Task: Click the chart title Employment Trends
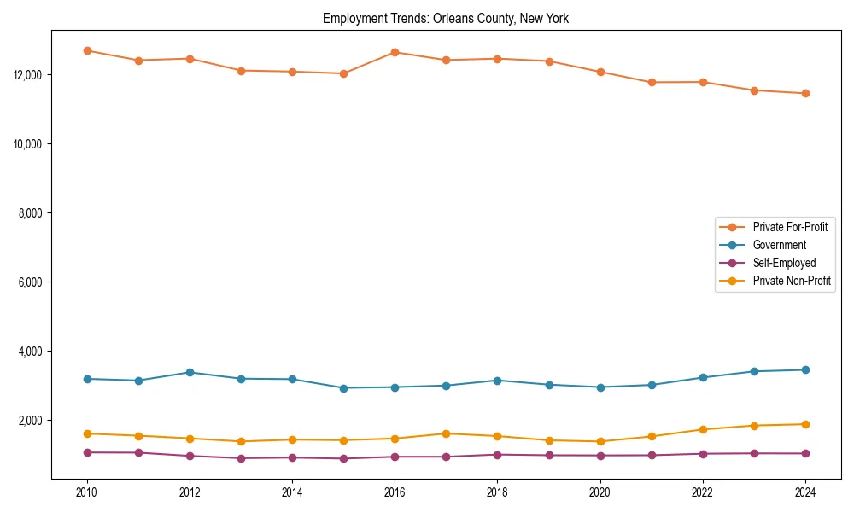coord(445,18)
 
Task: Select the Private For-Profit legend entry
coord(790,227)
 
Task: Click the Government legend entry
coord(779,245)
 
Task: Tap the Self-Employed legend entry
coord(784,263)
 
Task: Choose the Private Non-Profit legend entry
coord(792,281)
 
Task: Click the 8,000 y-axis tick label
coord(31,213)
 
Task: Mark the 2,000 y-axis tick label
coord(31,421)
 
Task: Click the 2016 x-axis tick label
coord(395,492)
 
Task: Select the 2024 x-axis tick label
coord(804,492)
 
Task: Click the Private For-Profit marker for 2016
coord(395,52)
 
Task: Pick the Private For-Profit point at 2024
coord(804,93)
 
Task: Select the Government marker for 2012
coord(190,372)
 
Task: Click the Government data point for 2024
coord(804,369)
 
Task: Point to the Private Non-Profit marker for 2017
coord(446,433)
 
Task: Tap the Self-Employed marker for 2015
coord(343,458)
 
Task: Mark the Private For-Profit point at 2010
coord(87,50)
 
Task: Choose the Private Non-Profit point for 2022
coord(702,429)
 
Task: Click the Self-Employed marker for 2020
coord(600,455)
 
